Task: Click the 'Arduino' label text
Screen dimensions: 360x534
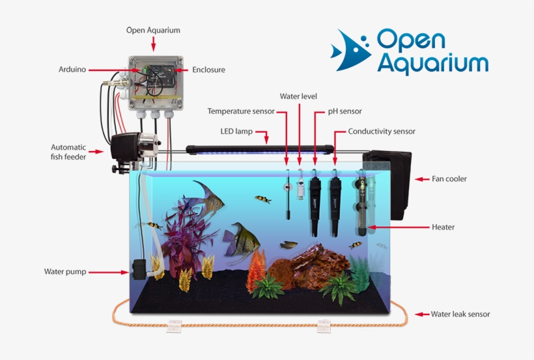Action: pos(72,69)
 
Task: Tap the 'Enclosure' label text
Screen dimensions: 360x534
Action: pos(209,69)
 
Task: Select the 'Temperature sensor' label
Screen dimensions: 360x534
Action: pos(240,111)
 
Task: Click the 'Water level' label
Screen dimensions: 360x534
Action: pos(298,96)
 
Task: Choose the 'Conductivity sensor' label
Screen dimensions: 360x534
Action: pos(382,132)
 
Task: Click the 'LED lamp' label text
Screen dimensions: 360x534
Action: pos(235,132)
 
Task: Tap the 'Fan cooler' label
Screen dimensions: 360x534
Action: pos(449,178)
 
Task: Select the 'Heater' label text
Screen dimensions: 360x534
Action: pos(443,227)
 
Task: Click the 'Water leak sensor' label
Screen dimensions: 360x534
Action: pos(460,314)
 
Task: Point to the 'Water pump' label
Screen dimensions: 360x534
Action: pos(65,271)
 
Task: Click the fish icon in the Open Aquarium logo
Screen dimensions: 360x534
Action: pos(350,51)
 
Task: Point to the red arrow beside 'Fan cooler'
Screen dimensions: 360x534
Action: pos(422,179)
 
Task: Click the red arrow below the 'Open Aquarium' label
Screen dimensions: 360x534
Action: pos(153,44)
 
